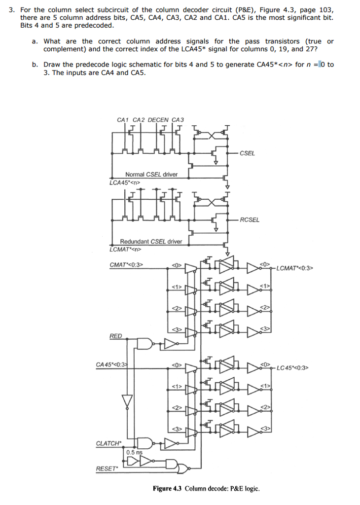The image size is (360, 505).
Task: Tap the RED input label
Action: tap(116, 336)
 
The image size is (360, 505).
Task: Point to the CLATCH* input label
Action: tap(108, 443)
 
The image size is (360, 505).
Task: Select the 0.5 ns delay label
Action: tap(134, 452)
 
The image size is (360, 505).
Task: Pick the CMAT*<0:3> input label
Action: tap(126, 265)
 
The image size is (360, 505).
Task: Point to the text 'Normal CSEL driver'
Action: tap(151, 175)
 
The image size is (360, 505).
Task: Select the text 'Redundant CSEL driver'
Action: tap(151, 242)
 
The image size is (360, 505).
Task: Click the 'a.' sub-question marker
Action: tap(35, 41)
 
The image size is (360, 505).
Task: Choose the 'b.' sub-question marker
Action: tap(35, 65)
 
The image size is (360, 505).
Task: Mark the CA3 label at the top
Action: tap(178, 120)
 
